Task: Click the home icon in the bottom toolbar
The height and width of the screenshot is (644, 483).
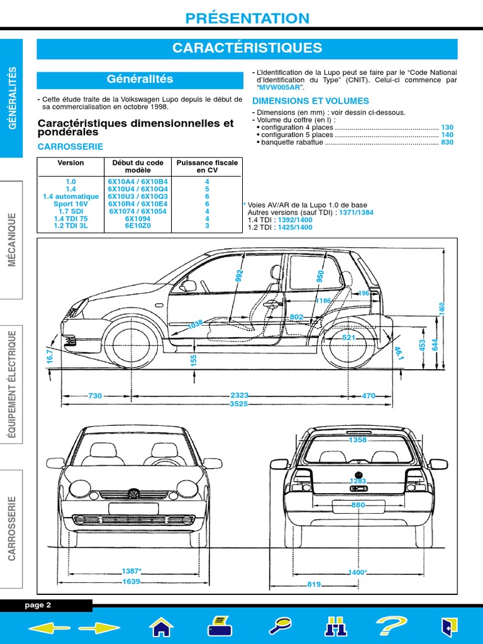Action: (162, 626)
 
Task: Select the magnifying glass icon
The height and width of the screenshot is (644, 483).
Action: (279, 626)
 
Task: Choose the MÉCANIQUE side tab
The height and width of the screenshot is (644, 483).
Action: (11, 240)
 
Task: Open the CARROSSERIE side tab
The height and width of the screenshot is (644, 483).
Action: (11, 528)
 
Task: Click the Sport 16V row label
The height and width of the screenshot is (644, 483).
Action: (70, 204)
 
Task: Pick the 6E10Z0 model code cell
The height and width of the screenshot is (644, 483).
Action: (138, 225)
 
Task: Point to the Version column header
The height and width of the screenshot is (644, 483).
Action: (70, 163)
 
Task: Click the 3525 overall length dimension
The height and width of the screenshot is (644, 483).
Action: (239, 404)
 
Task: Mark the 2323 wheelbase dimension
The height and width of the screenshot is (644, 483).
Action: (240, 396)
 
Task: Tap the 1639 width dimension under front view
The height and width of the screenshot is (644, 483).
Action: (131, 582)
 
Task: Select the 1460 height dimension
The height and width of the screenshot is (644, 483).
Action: (441, 308)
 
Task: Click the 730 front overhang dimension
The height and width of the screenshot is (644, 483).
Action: (95, 396)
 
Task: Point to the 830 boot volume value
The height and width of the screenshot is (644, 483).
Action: (447, 143)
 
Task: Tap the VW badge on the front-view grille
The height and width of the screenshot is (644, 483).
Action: (133, 493)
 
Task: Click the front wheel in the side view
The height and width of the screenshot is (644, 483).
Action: (132, 343)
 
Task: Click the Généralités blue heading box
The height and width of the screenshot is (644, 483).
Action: (140, 80)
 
